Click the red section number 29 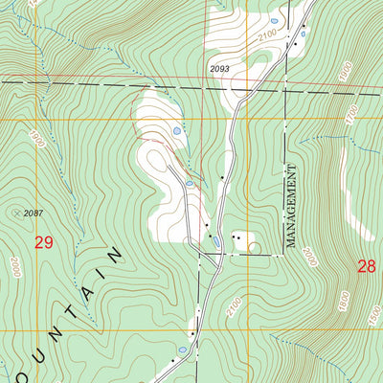pyautogui.click(x=43, y=243)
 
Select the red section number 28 pyautogui.click(x=367, y=266)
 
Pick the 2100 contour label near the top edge pyautogui.click(x=267, y=35)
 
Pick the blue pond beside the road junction pyautogui.click(x=217, y=240)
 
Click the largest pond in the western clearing pyautogui.click(x=176, y=130)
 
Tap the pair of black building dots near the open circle pyautogui.click(x=236, y=236)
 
